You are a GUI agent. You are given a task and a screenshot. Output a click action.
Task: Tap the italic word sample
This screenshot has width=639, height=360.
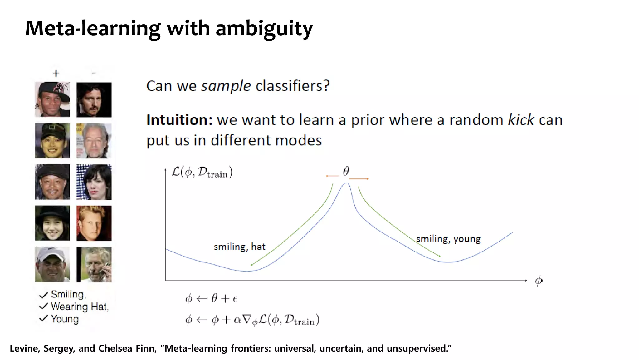[x=226, y=86]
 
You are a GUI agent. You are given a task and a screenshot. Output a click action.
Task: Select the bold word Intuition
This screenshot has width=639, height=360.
[x=179, y=120]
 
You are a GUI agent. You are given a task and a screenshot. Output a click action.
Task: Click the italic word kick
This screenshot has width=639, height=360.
[x=521, y=120]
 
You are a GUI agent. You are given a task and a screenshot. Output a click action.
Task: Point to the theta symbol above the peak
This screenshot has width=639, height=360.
[x=346, y=171]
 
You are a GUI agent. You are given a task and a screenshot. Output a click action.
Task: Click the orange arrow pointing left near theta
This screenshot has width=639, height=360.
[x=332, y=176]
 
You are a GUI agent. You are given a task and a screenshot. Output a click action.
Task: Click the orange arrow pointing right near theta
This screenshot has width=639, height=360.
[x=359, y=179]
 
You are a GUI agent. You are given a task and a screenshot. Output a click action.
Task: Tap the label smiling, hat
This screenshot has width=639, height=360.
[x=239, y=247]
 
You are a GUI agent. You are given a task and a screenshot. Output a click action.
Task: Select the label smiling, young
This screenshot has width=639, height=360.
[x=448, y=239]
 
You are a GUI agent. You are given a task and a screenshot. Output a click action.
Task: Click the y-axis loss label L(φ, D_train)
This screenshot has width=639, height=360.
[x=202, y=172]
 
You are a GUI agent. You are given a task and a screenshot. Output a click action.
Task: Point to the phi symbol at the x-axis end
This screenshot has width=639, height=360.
[x=539, y=281]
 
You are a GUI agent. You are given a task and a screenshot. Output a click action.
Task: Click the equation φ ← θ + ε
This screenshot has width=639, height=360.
[x=211, y=299]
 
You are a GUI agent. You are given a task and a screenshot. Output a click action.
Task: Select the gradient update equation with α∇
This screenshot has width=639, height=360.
[x=252, y=320]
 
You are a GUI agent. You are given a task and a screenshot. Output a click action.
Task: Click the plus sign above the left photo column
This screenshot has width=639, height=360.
[x=56, y=73]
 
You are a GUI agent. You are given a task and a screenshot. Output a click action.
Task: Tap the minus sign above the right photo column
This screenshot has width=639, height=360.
[x=94, y=73]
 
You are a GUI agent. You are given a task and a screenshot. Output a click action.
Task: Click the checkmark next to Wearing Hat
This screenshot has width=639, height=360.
[x=43, y=306]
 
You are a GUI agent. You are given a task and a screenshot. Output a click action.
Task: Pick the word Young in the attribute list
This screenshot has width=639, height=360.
[x=65, y=319]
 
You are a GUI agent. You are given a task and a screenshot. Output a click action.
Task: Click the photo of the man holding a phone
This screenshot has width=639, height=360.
[x=94, y=264]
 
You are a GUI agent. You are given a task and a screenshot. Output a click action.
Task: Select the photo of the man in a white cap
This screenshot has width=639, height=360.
[x=52, y=264]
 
